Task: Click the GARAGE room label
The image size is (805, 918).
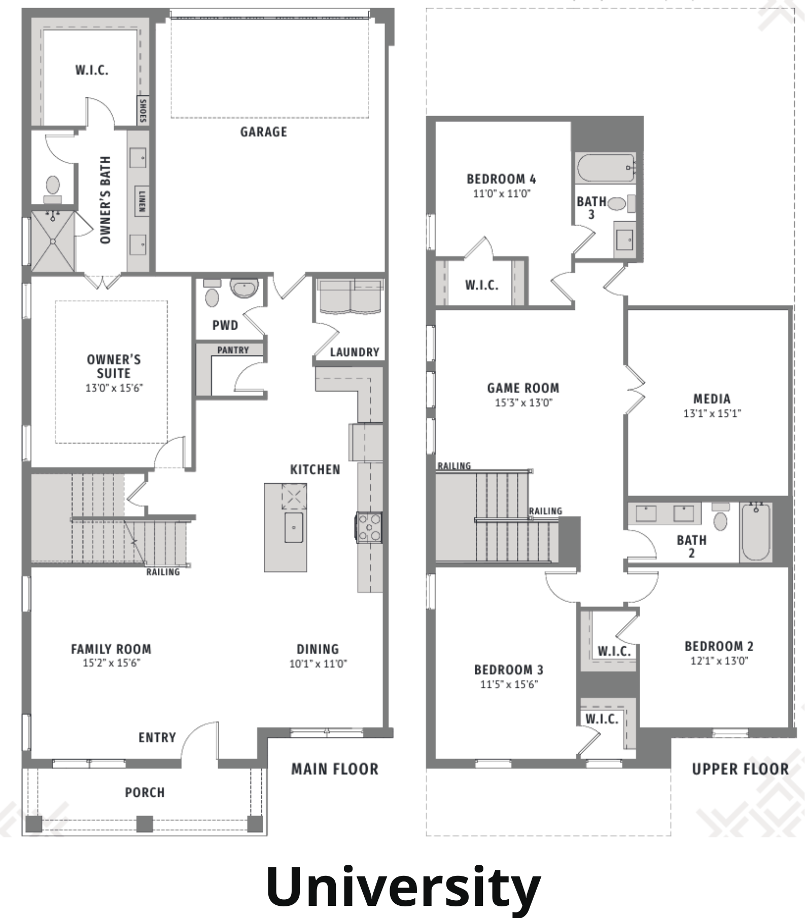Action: pyautogui.click(x=263, y=132)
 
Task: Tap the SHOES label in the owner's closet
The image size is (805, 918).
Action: pyautogui.click(x=143, y=111)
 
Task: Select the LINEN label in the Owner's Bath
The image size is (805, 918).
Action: pyautogui.click(x=142, y=201)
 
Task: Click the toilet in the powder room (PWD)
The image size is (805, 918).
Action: pyautogui.click(x=212, y=294)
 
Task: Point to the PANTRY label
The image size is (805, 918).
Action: pyautogui.click(x=233, y=350)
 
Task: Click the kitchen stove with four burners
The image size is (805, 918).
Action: pyautogui.click(x=369, y=527)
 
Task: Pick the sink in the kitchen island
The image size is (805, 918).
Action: pyautogui.click(x=294, y=527)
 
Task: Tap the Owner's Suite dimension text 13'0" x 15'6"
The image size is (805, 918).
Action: pyautogui.click(x=114, y=388)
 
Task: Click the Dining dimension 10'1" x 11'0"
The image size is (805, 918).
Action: pyautogui.click(x=318, y=663)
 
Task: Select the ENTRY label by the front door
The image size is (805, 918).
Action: pyautogui.click(x=157, y=737)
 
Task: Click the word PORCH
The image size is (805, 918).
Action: pyautogui.click(x=145, y=792)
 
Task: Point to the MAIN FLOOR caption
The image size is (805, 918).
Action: pyautogui.click(x=335, y=769)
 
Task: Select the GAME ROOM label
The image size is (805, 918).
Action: pyautogui.click(x=523, y=388)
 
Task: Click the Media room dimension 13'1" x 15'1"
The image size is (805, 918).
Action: pyautogui.click(x=712, y=413)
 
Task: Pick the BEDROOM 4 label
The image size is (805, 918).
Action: pyautogui.click(x=501, y=179)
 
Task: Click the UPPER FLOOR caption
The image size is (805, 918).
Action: pyautogui.click(x=740, y=769)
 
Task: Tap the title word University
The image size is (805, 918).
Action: pyautogui.click(x=403, y=887)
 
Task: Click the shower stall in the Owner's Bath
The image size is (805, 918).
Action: pyautogui.click(x=53, y=241)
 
